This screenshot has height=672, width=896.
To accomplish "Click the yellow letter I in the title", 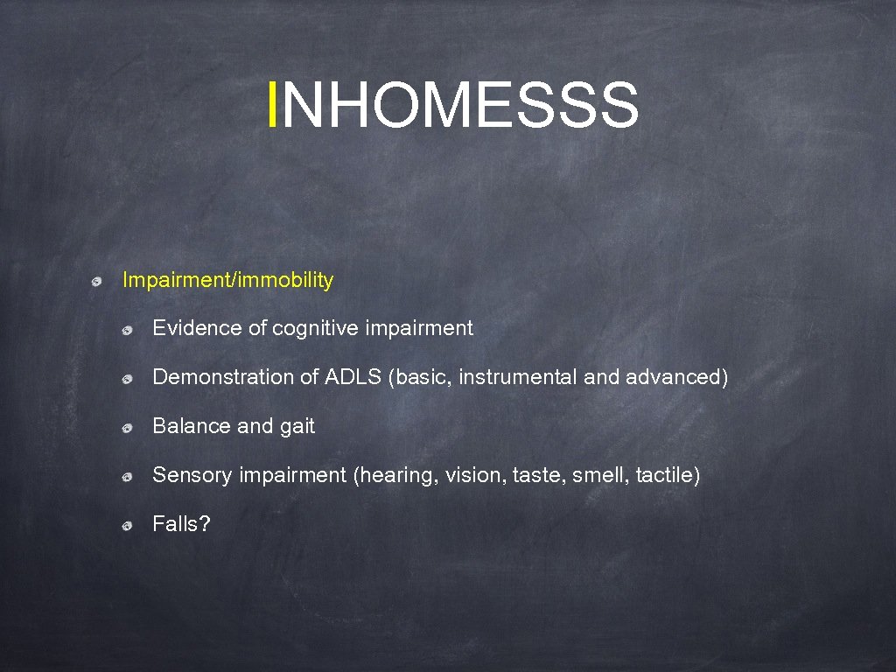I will (275, 105).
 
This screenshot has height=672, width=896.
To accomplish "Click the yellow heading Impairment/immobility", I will (227, 280).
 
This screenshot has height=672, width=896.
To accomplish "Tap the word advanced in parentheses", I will (673, 377).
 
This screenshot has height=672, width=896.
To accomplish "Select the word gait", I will (297, 427).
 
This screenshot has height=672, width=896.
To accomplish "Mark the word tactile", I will (665, 475).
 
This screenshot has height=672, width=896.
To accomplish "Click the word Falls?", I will (181, 524).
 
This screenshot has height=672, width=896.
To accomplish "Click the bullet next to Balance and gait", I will (127, 428).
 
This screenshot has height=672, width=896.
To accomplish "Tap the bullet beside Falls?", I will (127, 526).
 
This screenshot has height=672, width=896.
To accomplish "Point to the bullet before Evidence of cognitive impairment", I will (127, 330).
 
